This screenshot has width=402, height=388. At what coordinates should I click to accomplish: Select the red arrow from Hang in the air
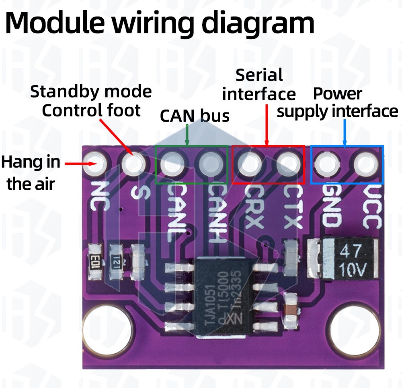click(x=80, y=164)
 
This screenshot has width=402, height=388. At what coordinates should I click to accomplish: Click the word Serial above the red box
click(x=259, y=75)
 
